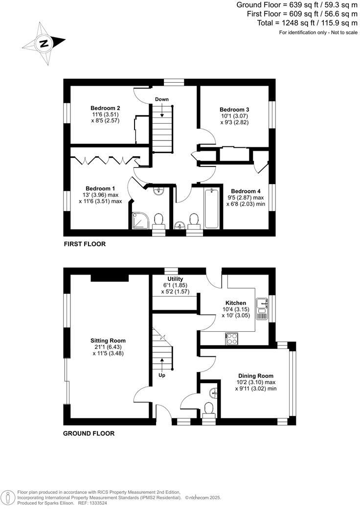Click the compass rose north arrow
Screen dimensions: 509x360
44,43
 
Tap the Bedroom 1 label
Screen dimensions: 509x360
100,188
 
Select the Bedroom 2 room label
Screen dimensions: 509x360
105,108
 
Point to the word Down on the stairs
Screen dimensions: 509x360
162,99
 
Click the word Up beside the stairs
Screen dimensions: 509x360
161,375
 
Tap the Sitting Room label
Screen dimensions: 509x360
108,341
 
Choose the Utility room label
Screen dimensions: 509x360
175,279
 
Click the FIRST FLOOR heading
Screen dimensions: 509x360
85,244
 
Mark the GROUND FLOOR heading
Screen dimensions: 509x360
89,433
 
